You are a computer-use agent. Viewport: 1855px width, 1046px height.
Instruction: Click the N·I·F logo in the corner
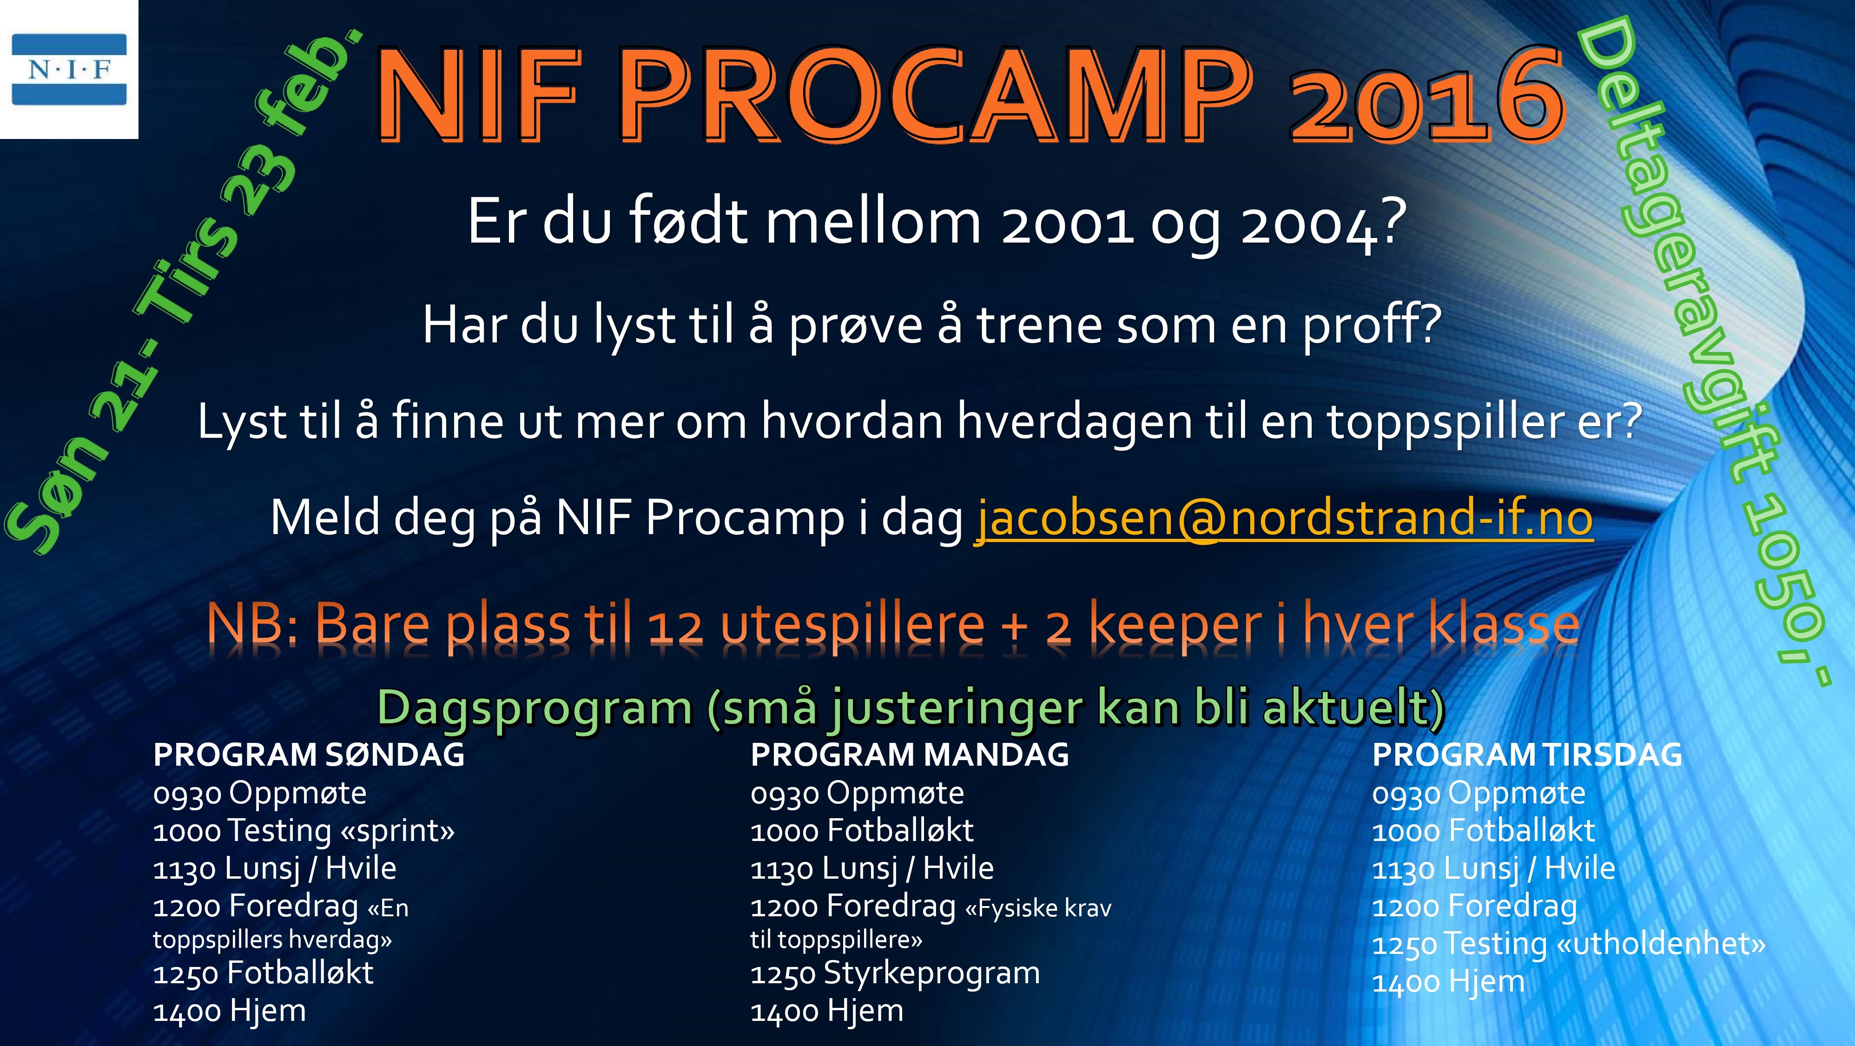(x=69, y=69)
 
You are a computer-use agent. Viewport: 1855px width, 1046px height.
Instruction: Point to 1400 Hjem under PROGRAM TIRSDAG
(x=1448, y=982)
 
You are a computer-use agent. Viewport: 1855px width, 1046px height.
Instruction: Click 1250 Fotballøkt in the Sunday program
(x=263, y=973)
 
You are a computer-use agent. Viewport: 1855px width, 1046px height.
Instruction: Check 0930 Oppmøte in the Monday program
(x=857, y=793)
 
